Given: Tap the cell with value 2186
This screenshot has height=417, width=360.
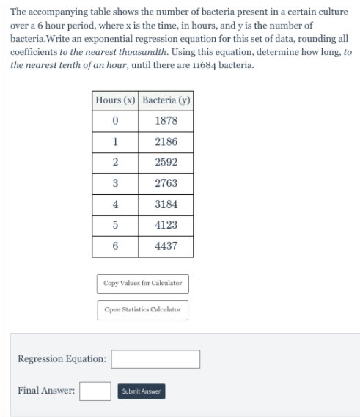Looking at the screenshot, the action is pos(166,141).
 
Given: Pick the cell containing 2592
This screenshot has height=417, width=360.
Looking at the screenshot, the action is pos(166,163).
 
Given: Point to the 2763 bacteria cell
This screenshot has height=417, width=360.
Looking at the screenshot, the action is pos(166,183).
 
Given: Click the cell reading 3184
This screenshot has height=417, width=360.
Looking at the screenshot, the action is pos(166,204).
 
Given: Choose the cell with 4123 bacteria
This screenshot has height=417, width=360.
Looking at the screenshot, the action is pos(166,225).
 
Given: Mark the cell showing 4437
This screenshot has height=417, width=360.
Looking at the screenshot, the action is pos(166,246).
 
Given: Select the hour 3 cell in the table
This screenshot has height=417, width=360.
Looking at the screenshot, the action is pos(115,183).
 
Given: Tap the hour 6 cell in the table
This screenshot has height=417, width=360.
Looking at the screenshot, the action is pos(115,246).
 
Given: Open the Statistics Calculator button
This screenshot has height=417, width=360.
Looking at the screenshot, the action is pos(142,310).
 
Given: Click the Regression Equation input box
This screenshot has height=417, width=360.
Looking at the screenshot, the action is pos(155,359).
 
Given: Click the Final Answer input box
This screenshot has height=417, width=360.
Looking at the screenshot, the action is pos(95,391).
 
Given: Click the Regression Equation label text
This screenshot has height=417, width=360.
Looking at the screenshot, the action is pos(62,359).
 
